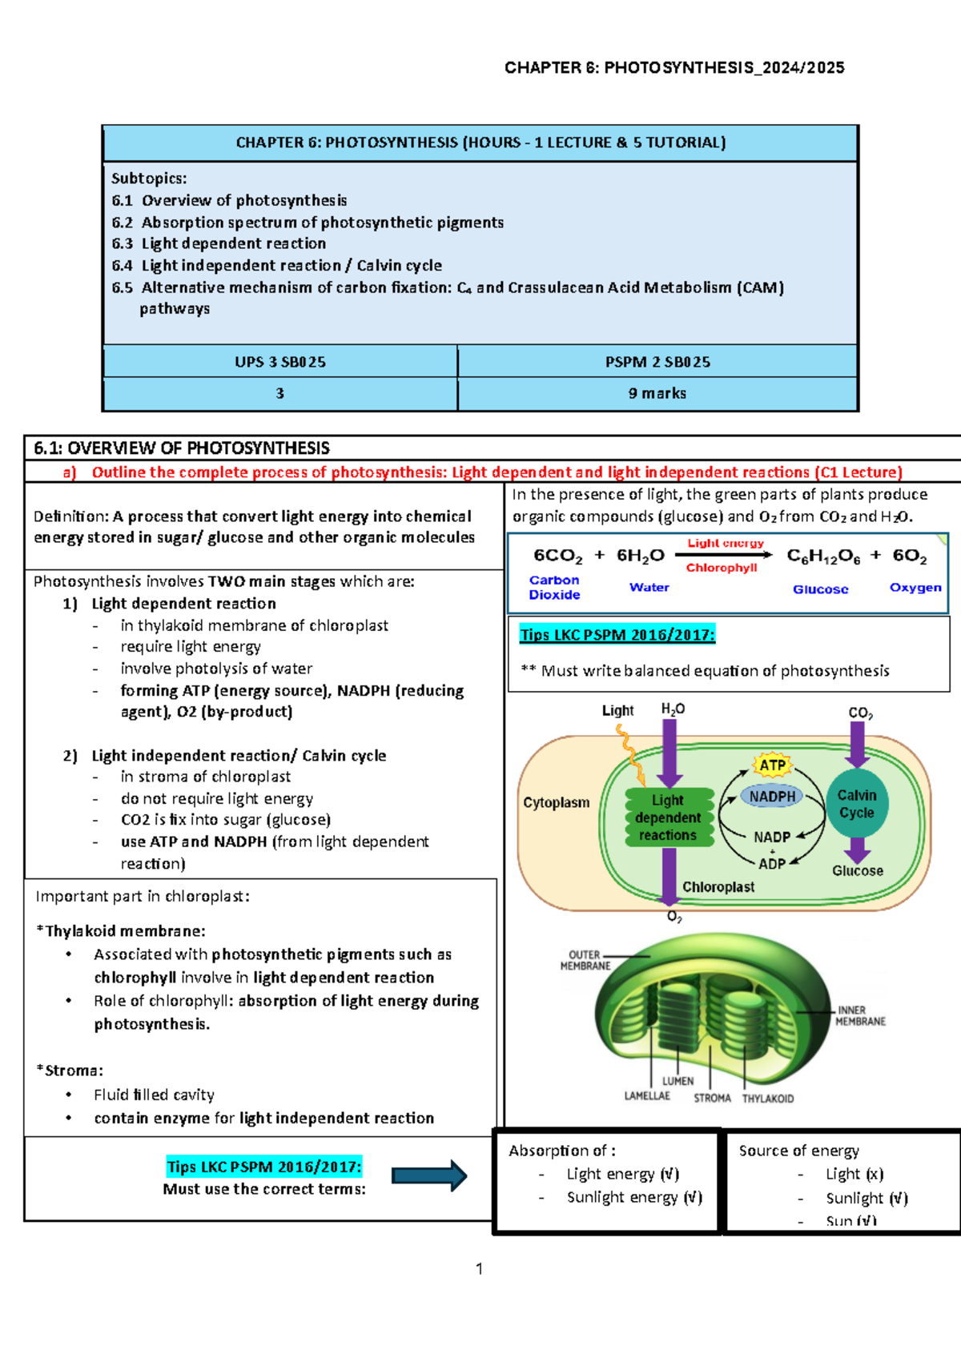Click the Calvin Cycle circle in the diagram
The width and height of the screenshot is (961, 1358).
pos(857,804)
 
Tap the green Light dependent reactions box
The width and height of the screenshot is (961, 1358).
pos(669,818)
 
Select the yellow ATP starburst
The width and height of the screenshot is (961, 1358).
pos(773,765)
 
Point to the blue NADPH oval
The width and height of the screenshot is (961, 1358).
pos(772,797)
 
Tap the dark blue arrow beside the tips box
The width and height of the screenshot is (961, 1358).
pos(429,1176)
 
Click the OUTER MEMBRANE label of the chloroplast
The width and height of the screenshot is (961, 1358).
pos(585,960)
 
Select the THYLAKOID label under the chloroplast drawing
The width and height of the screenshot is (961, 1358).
pos(767,1099)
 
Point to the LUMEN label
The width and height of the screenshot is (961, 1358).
pos(678,1081)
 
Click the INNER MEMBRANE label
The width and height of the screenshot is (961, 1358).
pos(860,1015)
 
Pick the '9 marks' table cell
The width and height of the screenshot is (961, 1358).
pos(657,393)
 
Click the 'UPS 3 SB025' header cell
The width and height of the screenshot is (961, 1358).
pos(280,362)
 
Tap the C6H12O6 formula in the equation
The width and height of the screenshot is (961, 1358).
pos(823,556)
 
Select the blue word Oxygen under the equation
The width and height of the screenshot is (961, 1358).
pos(915,588)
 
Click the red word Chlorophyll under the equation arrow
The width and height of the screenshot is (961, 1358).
pos(722,568)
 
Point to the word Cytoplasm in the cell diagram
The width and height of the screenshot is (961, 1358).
pos(556,802)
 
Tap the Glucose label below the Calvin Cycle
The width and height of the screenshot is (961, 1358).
pos(858,870)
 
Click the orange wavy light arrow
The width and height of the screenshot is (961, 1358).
pos(630,756)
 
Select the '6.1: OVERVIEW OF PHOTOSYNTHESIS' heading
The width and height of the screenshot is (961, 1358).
pos(181,448)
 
